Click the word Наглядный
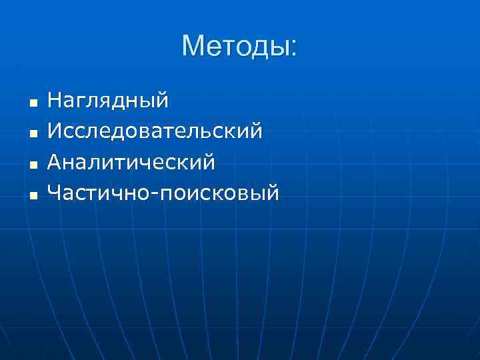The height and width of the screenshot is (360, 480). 108,101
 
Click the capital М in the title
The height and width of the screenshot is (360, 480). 193,47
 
